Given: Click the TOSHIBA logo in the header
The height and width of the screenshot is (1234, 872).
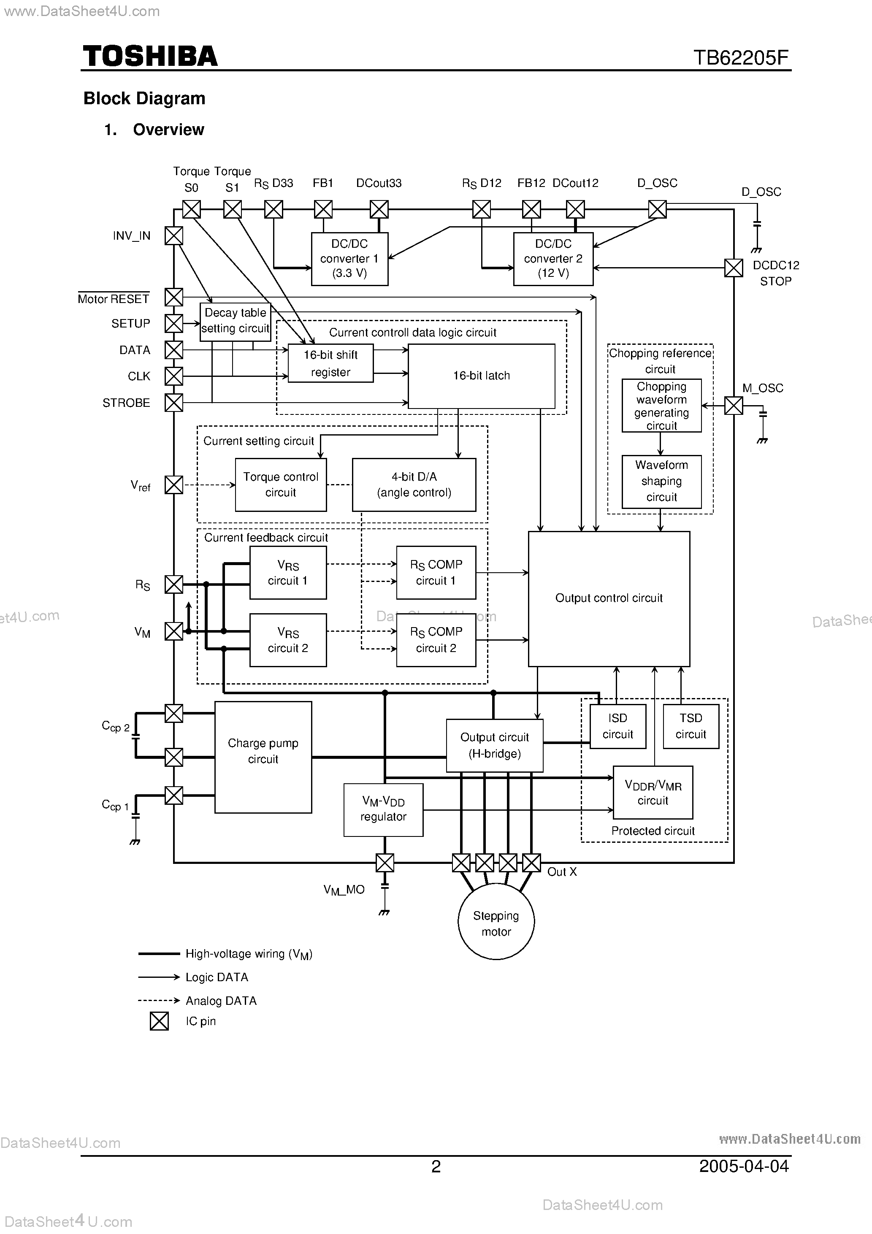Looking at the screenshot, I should tap(150, 57).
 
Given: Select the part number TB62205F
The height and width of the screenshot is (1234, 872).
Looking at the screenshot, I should tap(740, 57).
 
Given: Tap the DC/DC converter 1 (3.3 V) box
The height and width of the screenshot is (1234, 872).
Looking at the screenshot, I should tap(349, 259).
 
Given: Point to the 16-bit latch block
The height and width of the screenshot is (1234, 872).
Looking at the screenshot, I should tap(481, 376).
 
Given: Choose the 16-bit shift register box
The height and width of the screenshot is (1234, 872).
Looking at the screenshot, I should tap(330, 363).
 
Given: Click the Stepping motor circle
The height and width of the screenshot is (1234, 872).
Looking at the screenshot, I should tap(496, 923).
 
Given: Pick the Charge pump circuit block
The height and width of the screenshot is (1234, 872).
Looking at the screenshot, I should tap(263, 757).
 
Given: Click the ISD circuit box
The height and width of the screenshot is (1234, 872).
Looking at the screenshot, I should tap(618, 726).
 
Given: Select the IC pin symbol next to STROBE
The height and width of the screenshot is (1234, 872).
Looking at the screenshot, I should tap(173, 403).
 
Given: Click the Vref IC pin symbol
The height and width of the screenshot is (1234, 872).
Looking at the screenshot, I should tap(173, 485).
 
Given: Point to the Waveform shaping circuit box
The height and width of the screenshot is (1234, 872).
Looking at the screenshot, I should tap(661, 481).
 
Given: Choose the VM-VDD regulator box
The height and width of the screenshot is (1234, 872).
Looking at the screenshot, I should tap(383, 809).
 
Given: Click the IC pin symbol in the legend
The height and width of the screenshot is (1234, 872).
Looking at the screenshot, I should tap(159, 1020).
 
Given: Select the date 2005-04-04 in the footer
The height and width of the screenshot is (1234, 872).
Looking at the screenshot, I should tap(744, 1166).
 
